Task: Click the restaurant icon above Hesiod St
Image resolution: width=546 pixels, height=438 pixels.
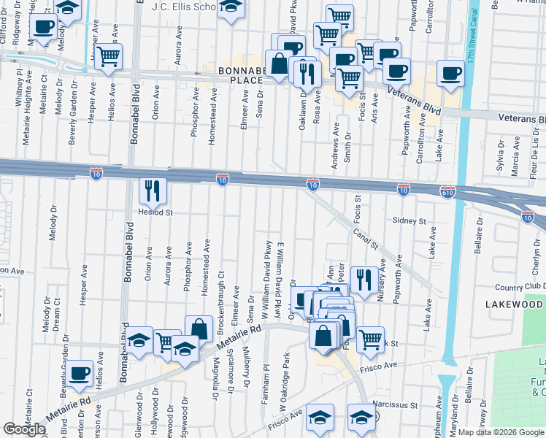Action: (153, 191)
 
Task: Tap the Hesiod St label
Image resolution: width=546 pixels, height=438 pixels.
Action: (155, 213)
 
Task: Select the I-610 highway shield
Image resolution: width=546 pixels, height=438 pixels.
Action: (448, 191)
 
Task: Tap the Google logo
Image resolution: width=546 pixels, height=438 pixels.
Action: (24, 429)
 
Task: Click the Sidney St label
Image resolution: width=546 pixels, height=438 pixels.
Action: (409, 220)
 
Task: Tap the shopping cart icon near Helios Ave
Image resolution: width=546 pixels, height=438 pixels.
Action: (109, 58)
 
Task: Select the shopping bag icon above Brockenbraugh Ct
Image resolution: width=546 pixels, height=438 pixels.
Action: (199, 330)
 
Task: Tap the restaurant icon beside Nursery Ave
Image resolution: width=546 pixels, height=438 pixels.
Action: (364, 280)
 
